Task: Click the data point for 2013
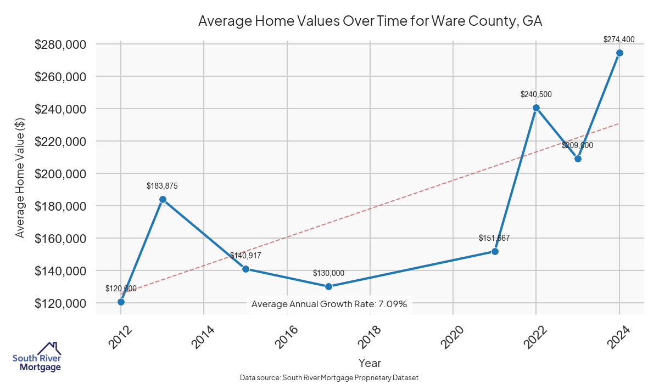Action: point(163,200)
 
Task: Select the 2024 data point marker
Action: point(619,53)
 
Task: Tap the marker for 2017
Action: point(328,286)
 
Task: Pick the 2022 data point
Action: point(536,108)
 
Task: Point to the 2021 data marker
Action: point(495,251)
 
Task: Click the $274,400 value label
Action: point(619,39)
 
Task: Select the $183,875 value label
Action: point(162,186)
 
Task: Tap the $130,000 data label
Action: point(328,273)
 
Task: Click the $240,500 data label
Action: point(536,94)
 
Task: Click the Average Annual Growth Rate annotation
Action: point(329,304)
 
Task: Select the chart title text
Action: point(370,21)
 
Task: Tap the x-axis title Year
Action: point(370,363)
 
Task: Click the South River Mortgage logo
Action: point(37,357)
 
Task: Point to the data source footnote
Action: point(329,377)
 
